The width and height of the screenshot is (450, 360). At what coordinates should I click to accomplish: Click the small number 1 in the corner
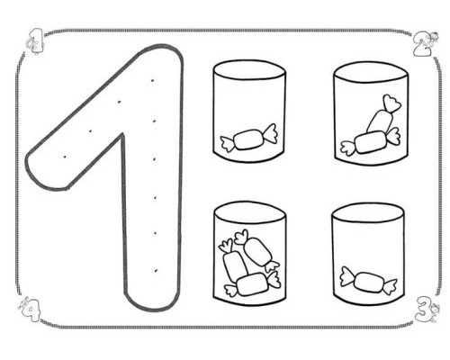click(37, 41)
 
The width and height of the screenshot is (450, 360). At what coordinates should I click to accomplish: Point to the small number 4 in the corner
click(30, 309)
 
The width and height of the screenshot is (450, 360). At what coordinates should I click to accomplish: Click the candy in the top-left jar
click(248, 139)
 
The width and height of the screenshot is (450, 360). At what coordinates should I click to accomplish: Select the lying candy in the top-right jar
click(371, 142)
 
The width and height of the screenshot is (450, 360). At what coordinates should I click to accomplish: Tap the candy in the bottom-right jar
click(368, 282)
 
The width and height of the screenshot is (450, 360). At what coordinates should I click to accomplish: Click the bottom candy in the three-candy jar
click(252, 283)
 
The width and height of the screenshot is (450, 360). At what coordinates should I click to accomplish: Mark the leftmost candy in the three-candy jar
click(233, 262)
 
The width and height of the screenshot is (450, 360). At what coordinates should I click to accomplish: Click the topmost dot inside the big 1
click(152, 80)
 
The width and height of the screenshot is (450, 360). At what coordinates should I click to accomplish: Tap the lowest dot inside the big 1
click(156, 271)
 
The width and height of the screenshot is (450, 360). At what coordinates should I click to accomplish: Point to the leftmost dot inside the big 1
click(65, 157)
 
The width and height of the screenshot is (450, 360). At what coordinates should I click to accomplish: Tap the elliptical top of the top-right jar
click(371, 75)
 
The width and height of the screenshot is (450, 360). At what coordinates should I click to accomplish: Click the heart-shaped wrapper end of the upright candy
click(391, 103)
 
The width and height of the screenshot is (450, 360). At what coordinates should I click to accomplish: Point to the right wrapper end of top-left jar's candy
click(269, 133)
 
